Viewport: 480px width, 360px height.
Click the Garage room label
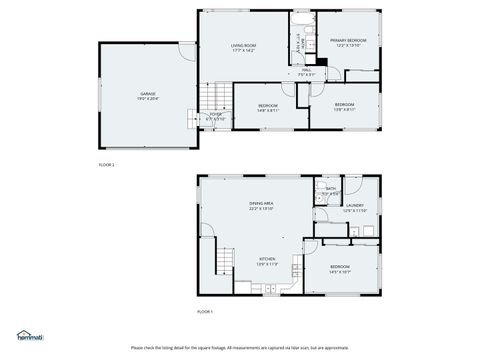[x=146, y=96]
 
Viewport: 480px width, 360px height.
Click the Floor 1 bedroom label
[x=340, y=268]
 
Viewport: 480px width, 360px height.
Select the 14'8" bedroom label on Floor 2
[x=268, y=107]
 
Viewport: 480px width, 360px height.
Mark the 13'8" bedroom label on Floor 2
[x=343, y=106]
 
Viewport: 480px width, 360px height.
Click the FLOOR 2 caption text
[x=106, y=163]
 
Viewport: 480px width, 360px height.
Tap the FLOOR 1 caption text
[x=205, y=312]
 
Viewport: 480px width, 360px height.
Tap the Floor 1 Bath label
[x=331, y=191]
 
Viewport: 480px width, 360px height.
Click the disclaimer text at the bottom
[x=240, y=348]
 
